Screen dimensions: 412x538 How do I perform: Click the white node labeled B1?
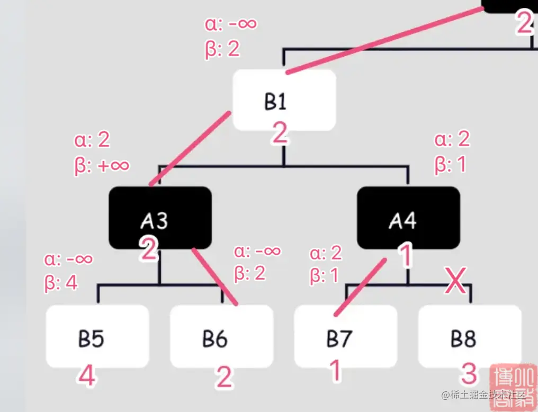284,101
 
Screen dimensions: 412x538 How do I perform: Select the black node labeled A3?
160,218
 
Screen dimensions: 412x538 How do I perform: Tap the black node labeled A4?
408,218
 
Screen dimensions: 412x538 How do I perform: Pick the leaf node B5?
97,336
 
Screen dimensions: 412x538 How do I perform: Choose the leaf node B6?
221,336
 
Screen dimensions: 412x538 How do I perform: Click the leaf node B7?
345,336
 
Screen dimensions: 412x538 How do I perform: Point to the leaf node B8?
470,336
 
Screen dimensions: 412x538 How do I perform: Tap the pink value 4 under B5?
87,377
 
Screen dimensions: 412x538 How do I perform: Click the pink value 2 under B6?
224,378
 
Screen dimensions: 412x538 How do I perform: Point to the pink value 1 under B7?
335,371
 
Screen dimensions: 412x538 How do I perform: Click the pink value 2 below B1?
280,133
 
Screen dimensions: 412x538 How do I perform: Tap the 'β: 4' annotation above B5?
61,282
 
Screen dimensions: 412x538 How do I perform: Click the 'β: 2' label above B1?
222,49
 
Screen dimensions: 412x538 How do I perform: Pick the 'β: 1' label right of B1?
451,165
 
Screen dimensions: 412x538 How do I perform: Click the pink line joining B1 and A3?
191,148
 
